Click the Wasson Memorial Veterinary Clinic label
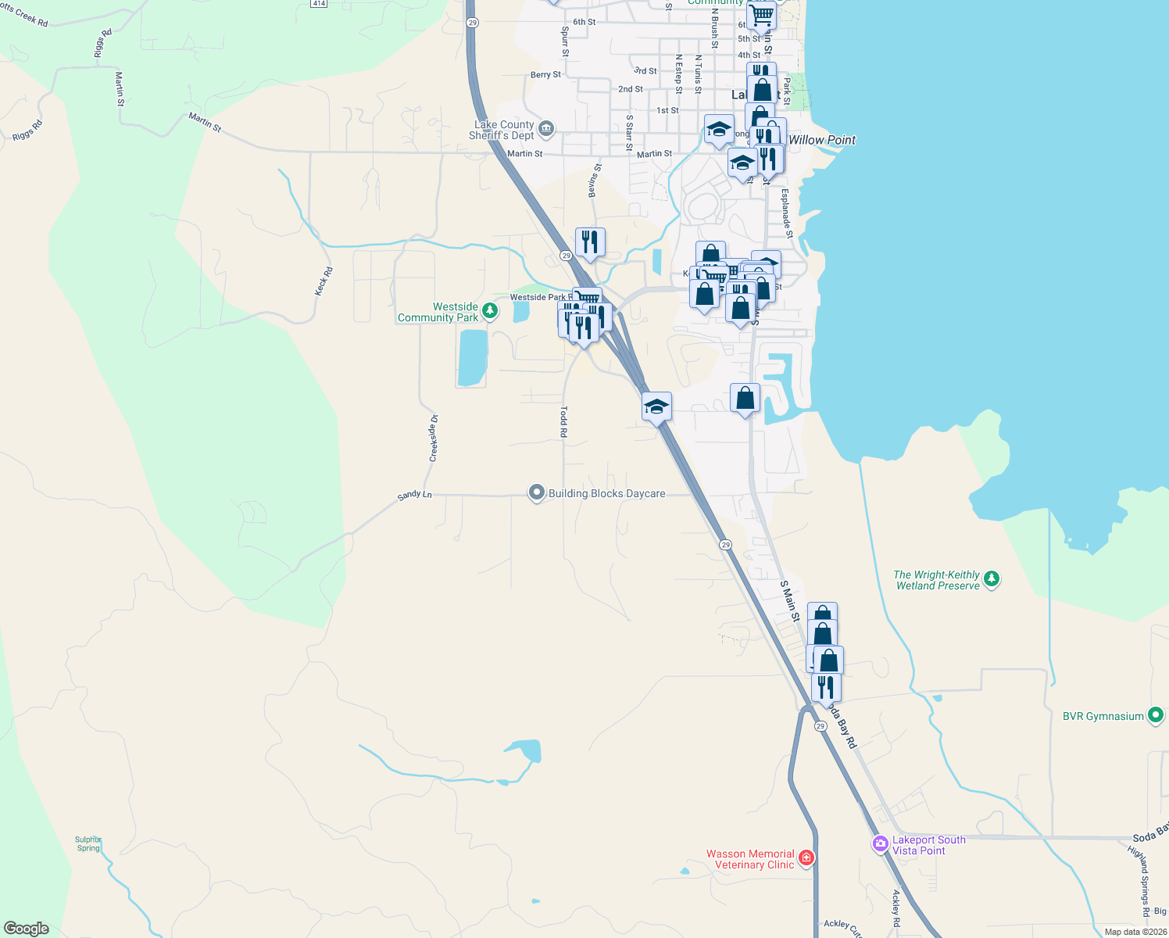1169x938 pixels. pos(750,859)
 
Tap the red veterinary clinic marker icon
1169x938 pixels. pos(806,858)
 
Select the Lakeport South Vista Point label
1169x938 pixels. pos(929,845)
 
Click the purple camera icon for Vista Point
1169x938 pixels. pos(881,844)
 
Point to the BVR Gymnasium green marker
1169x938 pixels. pos(1155,716)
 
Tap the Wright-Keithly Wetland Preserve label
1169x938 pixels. pos(937,580)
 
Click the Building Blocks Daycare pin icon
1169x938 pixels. pos(536,493)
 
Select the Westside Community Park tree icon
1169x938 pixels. pos(490,311)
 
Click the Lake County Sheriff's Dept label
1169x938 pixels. pos(501,130)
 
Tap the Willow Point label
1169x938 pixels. pos(822,140)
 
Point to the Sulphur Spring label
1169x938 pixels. pos(88,844)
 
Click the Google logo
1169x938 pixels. pos(27,929)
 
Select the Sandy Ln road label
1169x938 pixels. pos(414,495)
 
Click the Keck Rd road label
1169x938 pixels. pos(324,281)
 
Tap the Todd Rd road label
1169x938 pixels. pos(563,421)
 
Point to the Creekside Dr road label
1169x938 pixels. pos(434,438)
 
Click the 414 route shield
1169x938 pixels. pos(318,3)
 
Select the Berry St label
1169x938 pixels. pos(545,75)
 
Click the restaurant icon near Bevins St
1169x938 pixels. pos(590,242)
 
